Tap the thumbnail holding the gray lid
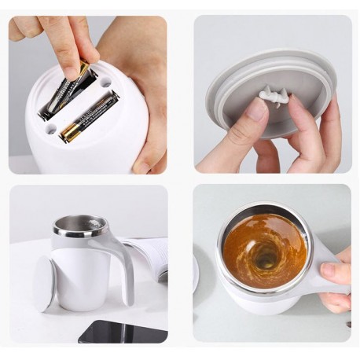(x=256, y=109)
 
